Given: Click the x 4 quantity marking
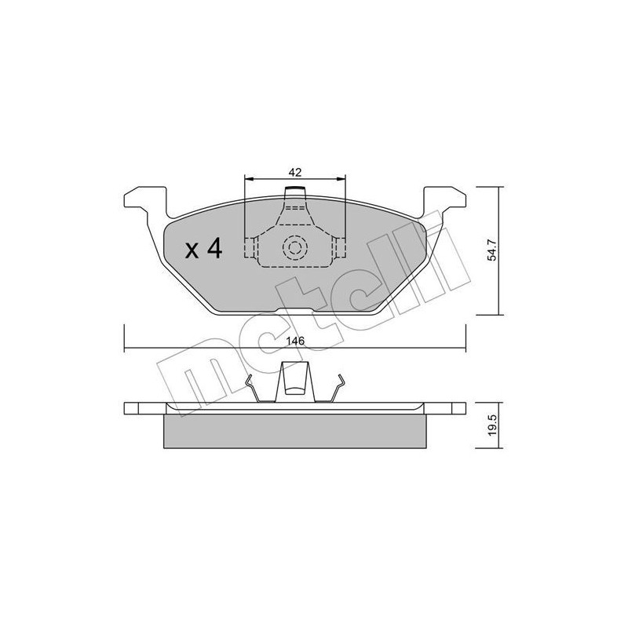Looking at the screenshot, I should click(203, 250).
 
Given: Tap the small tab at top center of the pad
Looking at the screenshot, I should click(294, 192).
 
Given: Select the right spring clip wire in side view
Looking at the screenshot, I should click(339, 392).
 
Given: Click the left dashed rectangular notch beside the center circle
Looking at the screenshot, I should click(250, 247).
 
